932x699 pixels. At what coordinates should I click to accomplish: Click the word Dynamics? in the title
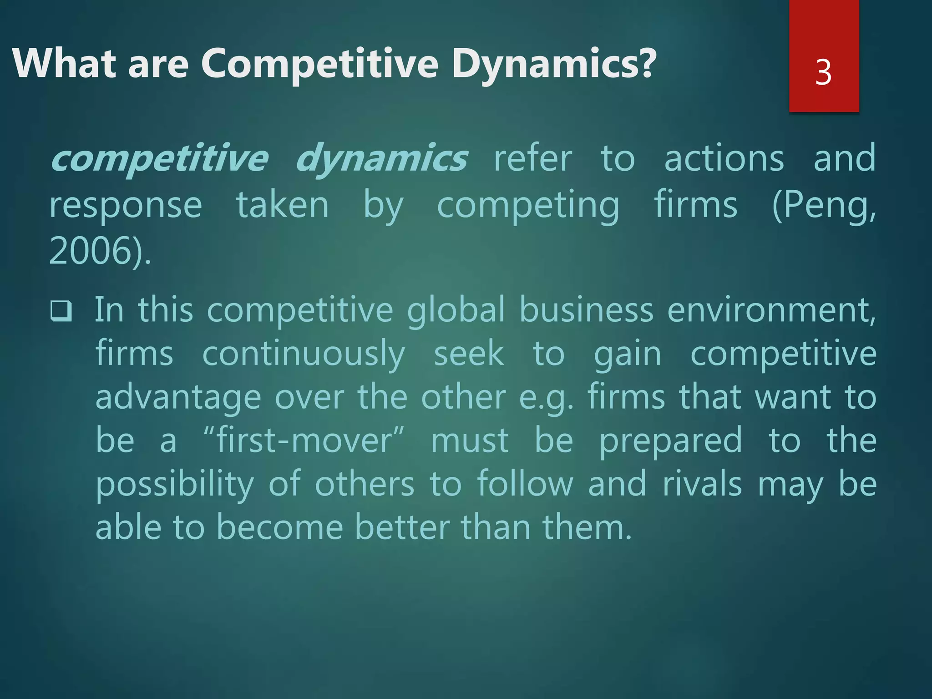[x=554, y=64]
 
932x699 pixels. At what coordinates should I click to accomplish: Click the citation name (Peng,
[x=824, y=206]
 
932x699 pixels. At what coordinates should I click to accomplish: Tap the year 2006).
[x=100, y=251]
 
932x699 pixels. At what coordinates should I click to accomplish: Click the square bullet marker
[x=61, y=311]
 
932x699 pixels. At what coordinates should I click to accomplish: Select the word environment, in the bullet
[x=771, y=310]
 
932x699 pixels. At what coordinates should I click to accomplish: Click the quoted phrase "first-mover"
[x=304, y=441]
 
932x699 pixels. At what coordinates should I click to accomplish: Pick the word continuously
[x=304, y=354]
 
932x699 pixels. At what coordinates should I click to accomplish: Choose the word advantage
[x=178, y=397]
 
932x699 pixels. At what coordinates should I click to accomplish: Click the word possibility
[x=174, y=484]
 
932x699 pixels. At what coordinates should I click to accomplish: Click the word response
[x=126, y=206]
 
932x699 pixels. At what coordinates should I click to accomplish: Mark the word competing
[x=528, y=206]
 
